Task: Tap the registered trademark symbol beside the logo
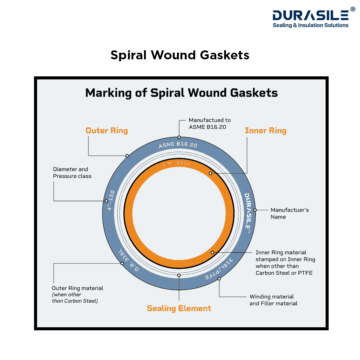(x=353, y=9)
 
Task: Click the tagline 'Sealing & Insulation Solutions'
(x=310, y=25)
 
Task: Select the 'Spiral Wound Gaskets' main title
(x=180, y=55)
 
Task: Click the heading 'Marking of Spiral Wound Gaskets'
(x=181, y=93)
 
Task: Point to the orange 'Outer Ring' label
(x=107, y=130)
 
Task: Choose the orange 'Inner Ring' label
(x=266, y=130)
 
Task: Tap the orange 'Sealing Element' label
(x=179, y=308)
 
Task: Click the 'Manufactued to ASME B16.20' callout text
(x=210, y=124)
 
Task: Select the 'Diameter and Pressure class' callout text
(x=72, y=173)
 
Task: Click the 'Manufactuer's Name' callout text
(x=290, y=213)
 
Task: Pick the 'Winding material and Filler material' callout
(x=273, y=300)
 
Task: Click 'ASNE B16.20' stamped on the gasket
(x=178, y=145)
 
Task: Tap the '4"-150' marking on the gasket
(x=111, y=200)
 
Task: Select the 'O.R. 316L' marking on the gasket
(x=129, y=260)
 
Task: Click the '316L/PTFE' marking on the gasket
(x=219, y=269)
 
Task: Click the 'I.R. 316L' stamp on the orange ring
(x=176, y=164)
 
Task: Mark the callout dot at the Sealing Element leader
(x=179, y=275)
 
